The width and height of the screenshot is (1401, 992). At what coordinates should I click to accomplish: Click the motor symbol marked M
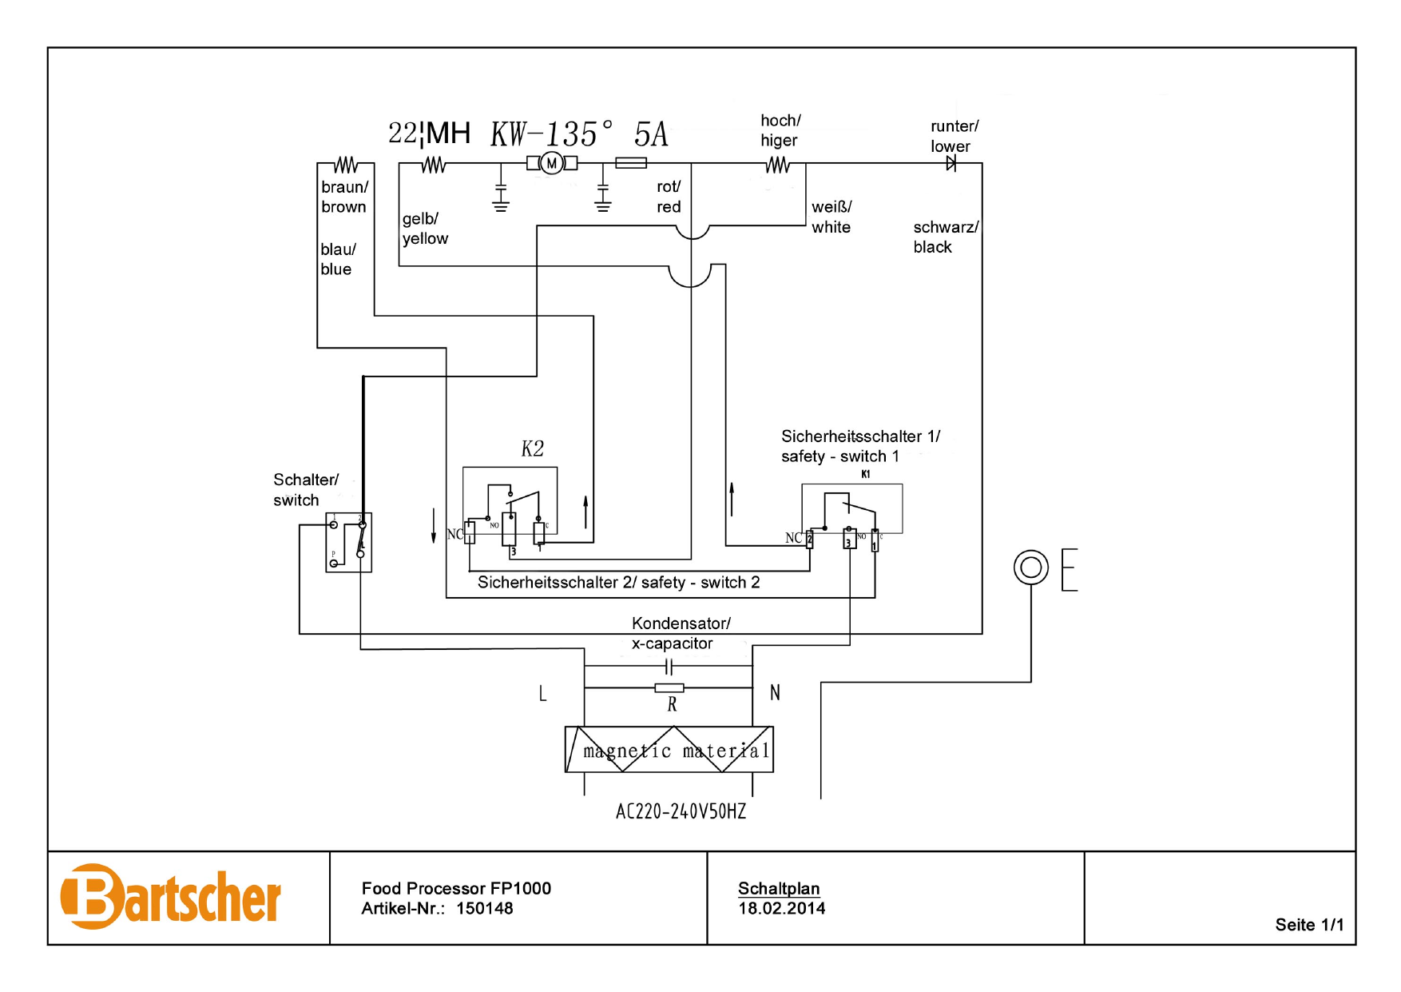(551, 164)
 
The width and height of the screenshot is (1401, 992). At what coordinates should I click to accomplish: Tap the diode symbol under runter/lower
(951, 164)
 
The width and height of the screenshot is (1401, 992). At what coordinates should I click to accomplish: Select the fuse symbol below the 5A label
(631, 163)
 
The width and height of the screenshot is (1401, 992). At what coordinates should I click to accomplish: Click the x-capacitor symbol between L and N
(669, 667)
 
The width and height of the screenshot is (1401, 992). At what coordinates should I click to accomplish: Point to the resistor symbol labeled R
(669, 688)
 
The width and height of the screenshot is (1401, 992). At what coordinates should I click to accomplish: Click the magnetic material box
(669, 750)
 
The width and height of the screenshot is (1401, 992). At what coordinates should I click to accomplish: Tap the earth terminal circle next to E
(1030, 568)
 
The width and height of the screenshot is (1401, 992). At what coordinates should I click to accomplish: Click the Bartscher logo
(171, 897)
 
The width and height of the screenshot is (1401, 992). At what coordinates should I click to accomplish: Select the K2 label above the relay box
(532, 449)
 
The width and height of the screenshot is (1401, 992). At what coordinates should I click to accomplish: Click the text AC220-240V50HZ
(681, 812)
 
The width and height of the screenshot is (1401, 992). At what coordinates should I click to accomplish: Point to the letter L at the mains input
(543, 694)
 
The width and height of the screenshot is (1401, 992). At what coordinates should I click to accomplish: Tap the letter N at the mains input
(775, 693)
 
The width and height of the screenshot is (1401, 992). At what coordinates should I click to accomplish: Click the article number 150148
(485, 909)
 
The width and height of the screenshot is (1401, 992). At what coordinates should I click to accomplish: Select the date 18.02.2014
(781, 909)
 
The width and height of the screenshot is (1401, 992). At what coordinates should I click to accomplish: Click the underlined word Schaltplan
(779, 889)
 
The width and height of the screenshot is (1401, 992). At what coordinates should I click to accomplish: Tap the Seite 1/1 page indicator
(1309, 925)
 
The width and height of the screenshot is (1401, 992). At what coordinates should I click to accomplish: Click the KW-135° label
(551, 134)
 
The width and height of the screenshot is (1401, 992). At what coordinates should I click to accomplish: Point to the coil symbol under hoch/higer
(777, 165)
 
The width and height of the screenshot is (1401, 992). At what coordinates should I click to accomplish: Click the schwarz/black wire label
(945, 237)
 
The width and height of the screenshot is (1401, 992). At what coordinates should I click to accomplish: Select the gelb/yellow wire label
(425, 229)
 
